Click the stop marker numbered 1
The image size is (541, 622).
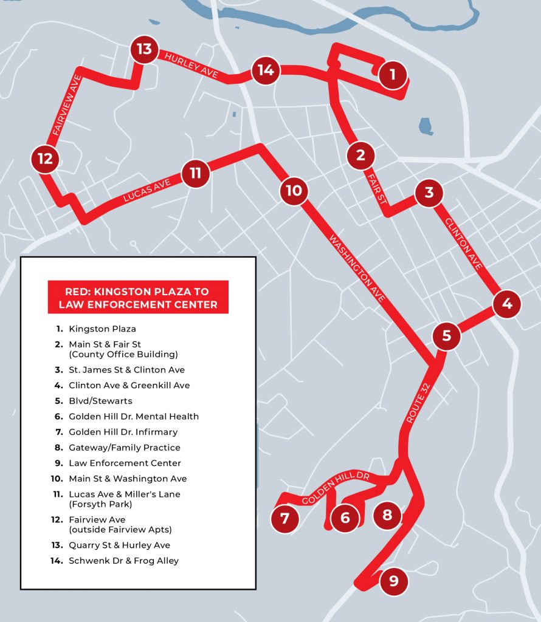[393, 75]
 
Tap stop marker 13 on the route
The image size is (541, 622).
[144, 49]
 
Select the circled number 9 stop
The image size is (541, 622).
[393, 581]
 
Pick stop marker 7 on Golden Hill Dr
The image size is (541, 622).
[285, 519]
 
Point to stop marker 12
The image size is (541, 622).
[46, 159]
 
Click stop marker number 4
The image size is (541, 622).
[507, 304]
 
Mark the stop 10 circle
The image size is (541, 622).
[294, 191]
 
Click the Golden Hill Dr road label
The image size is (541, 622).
[336, 488]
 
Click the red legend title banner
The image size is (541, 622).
[138, 297]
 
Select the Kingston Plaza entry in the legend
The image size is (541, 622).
[102, 329]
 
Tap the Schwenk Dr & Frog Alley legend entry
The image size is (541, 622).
[123, 561]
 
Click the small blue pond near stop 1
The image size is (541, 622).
[426, 126]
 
